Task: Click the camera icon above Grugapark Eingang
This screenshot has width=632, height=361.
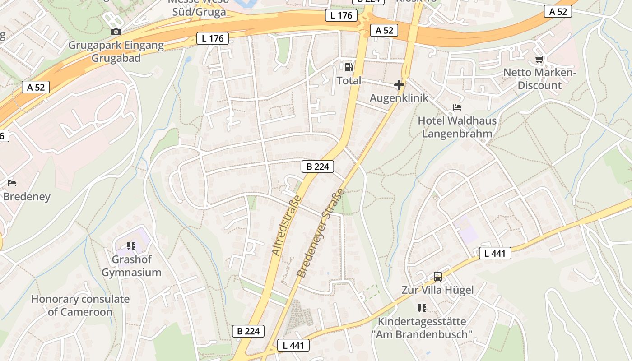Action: [116, 32]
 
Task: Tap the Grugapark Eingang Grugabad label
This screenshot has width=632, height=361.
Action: [116, 52]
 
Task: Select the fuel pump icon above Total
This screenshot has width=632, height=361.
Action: [349, 67]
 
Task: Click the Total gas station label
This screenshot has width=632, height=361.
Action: [349, 81]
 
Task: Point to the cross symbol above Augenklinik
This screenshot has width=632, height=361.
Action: [399, 84]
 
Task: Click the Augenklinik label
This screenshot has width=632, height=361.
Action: [399, 98]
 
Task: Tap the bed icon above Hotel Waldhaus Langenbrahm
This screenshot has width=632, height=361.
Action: [457, 107]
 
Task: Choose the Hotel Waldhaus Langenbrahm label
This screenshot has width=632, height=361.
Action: [457, 127]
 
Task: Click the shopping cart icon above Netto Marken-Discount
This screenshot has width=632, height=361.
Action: [539, 59]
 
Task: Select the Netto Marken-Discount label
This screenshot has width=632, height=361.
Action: [539, 79]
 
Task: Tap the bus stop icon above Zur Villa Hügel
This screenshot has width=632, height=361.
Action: [437, 276]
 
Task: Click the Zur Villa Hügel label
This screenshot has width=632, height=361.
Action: [437, 290]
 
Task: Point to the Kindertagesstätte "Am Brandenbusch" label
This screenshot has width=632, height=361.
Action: [422, 328]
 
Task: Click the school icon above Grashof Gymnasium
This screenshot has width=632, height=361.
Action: [131, 246]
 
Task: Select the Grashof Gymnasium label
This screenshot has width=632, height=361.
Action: [131, 266]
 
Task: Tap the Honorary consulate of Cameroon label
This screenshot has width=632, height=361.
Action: [80, 305]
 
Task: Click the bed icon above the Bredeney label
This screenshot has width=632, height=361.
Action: [12, 183]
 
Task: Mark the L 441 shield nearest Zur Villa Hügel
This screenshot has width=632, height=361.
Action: [495, 253]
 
